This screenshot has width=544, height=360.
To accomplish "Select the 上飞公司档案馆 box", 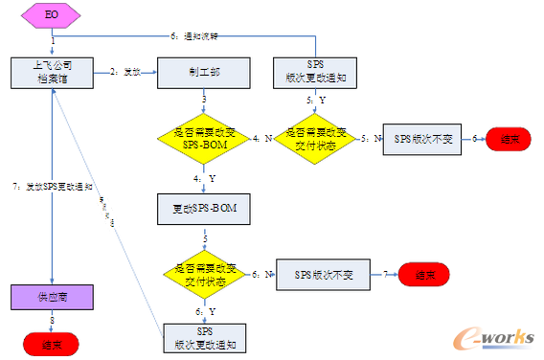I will click(54, 72).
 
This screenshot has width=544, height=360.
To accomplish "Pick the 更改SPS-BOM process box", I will click(203, 208).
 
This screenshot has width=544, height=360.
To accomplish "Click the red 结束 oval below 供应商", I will click(54, 343).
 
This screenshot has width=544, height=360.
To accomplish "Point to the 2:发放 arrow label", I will click(125, 71).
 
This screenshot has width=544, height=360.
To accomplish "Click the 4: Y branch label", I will click(205, 178).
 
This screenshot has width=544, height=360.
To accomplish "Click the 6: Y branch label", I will click(205, 313).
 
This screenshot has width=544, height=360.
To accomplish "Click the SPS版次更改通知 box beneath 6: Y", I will click(203, 336).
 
